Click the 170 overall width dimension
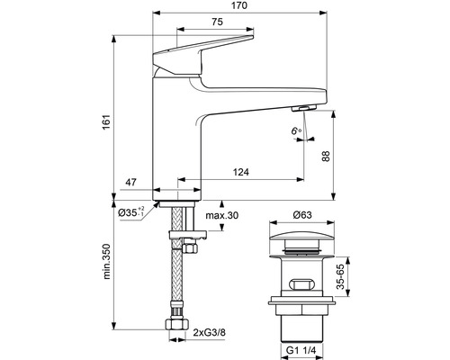tap(239, 5)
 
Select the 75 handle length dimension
tap(217, 22)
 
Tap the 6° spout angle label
tap(296, 130)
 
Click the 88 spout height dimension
tap(326, 156)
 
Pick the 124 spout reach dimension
tap(241, 172)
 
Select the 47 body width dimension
tap(130, 182)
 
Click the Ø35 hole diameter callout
tap(131, 212)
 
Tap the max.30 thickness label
tap(222, 215)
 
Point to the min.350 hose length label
tap(107, 261)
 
